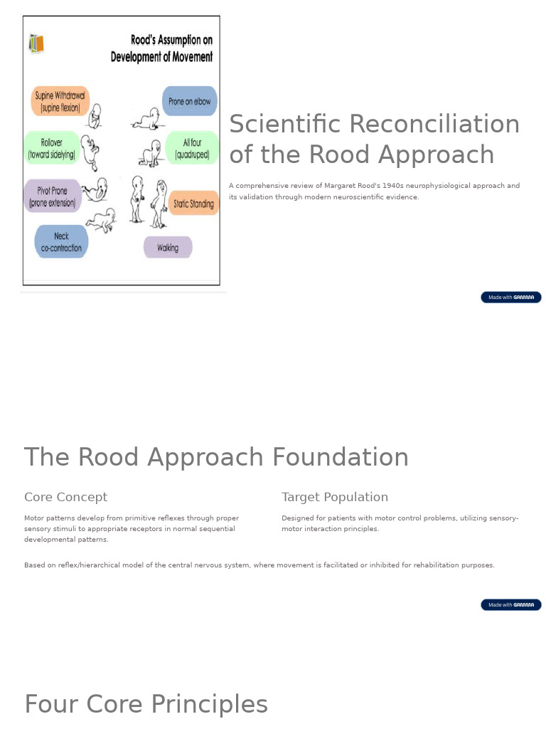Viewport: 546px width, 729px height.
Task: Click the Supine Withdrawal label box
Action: click(x=60, y=101)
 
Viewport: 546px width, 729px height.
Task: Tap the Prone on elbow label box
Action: click(x=189, y=101)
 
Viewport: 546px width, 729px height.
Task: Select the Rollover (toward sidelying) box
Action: click(x=51, y=148)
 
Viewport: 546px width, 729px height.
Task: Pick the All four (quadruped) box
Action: click(x=192, y=148)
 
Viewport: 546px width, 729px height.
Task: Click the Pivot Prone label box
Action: click(x=53, y=196)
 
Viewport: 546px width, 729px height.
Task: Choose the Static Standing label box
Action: click(x=193, y=204)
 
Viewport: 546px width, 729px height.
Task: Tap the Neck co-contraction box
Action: click(x=61, y=242)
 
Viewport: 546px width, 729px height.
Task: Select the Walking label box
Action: click(x=168, y=248)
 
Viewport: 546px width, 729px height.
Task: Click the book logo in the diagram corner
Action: click(x=36, y=43)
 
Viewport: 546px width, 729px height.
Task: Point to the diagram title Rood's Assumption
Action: click(x=161, y=48)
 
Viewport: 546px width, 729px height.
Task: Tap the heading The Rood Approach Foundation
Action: click(x=216, y=457)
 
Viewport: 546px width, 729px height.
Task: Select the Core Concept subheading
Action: click(x=65, y=497)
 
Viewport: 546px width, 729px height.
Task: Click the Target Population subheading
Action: click(x=335, y=497)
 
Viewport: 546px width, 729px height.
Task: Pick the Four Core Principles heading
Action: click(x=146, y=704)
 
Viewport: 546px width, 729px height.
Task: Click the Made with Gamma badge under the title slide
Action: click(x=510, y=297)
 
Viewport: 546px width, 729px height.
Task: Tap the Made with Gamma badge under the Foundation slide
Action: click(x=510, y=604)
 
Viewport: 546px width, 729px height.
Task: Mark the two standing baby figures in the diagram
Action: click(x=149, y=201)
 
